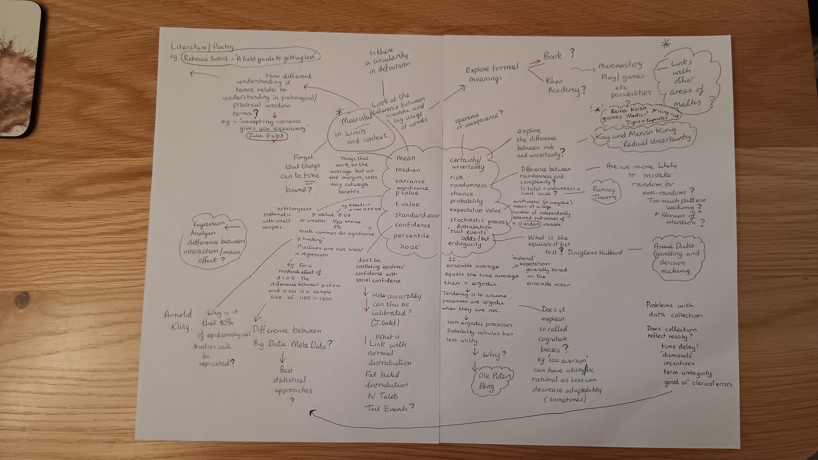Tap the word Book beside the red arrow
(x=555, y=54)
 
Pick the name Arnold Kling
(x=179, y=320)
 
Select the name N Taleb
(x=382, y=397)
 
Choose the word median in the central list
(x=408, y=170)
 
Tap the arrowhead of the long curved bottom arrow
(x=310, y=413)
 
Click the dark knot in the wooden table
(x=22, y=299)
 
